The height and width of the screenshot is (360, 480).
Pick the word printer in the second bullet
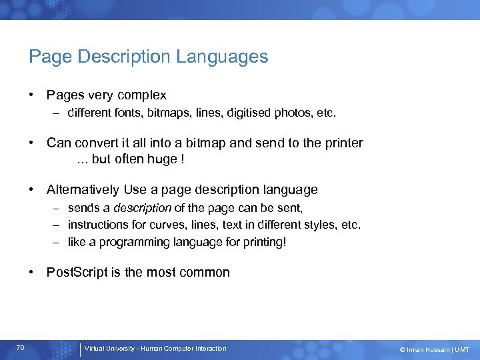pos(343,143)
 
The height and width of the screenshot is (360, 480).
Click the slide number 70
pos(21,348)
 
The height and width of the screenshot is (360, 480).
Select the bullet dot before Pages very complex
pos(32,95)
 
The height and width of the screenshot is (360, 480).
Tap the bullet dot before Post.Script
pos(32,272)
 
